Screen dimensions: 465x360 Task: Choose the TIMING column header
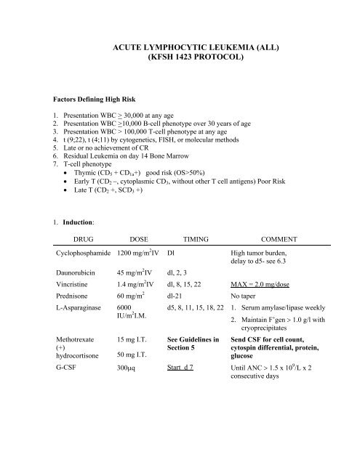point(196,237)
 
